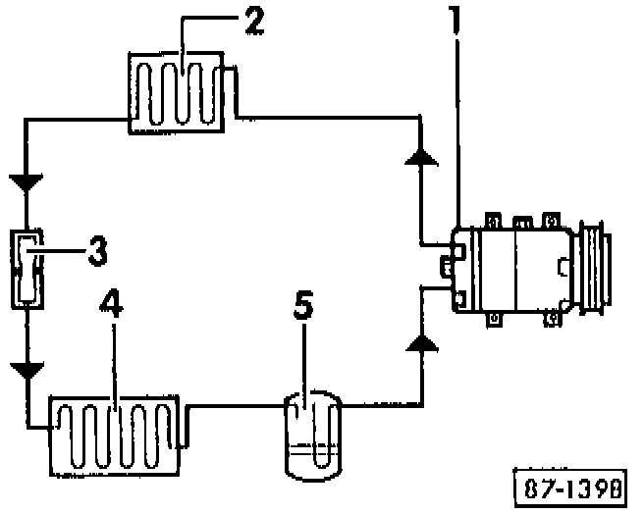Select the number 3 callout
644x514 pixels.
96,251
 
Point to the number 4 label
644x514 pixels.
113,307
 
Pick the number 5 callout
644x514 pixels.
304,308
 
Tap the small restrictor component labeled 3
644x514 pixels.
27,268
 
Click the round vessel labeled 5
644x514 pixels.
311,433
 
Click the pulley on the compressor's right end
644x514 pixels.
597,266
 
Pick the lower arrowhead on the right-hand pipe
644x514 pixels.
420,342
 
